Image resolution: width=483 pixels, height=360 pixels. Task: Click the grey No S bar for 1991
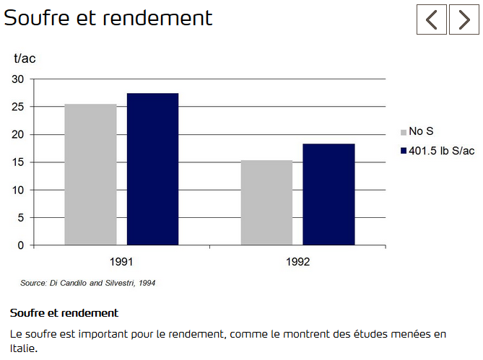point(90,175)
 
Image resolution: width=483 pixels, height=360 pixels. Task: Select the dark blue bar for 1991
point(152,169)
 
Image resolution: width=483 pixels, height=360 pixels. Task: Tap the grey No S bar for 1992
point(266,203)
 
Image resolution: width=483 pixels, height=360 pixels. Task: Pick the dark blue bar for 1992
point(328,194)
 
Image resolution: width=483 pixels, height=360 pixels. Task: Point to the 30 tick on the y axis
point(17,79)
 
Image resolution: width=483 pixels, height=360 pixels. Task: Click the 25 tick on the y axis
point(17,107)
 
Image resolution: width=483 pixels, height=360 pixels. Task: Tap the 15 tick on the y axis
point(17,162)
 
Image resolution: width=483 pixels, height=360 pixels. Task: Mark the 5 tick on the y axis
point(20,218)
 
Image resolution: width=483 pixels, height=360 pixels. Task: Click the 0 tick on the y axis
point(20,245)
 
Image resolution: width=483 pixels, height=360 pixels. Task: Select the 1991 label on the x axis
point(121,262)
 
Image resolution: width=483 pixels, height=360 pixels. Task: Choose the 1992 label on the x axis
point(297,262)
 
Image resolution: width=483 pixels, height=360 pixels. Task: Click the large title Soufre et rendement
point(108,18)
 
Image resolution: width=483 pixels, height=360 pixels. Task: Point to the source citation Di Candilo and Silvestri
point(87,283)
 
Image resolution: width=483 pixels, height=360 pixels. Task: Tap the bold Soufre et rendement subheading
point(64,313)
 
